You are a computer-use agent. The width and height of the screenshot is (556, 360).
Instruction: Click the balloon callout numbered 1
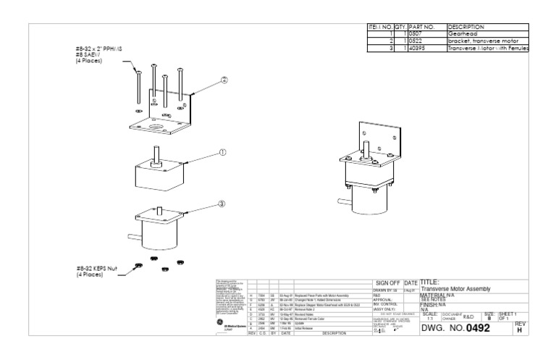[224, 154]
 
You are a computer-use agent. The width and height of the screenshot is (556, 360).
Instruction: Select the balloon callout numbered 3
[222, 204]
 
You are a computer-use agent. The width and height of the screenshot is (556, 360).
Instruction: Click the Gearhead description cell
[463, 34]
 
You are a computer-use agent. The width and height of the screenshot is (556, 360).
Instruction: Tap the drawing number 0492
[483, 328]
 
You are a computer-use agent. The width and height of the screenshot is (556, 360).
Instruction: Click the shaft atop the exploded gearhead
[155, 155]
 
